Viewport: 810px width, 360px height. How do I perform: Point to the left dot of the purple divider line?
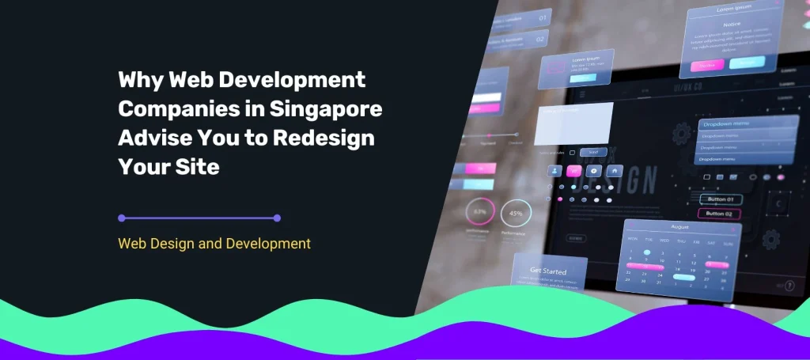pos(122,218)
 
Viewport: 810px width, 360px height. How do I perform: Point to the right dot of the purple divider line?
pos(277,218)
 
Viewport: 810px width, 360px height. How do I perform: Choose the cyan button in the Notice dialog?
pos(746,63)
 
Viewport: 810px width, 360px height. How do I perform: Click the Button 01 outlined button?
pos(720,199)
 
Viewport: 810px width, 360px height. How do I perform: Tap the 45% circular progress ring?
pos(516,214)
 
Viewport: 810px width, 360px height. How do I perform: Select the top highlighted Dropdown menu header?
pos(744,123)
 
